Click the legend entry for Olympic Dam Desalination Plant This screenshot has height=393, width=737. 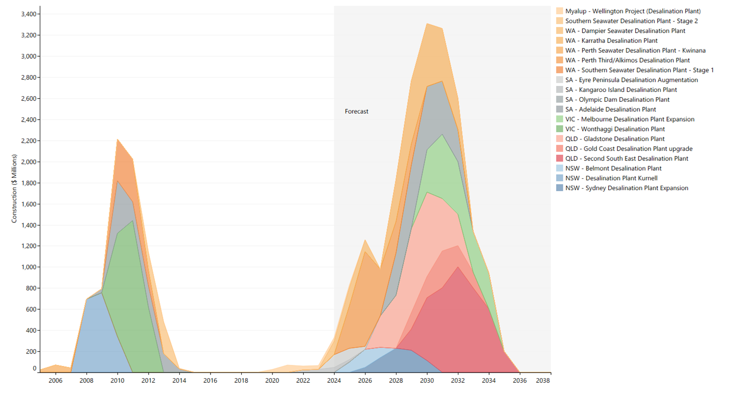pyautogui.click(x=617, y=100)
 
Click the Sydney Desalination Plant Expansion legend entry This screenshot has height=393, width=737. pyautogui.click(x=627, y=188)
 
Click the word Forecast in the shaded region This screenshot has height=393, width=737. pyautogui.click(x=356, y=111)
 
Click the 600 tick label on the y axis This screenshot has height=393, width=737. pyautogui.click(x=30, y=309)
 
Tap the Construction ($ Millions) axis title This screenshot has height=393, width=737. pyautogui.click(x=14, y=189)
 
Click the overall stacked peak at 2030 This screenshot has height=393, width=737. pyautogui.click(x=427, y=24)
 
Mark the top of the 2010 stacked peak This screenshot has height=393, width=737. pyautogui.click(x=118, y=139)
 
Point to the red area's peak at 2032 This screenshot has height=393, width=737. pyautogui.click(x=458, y=267)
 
